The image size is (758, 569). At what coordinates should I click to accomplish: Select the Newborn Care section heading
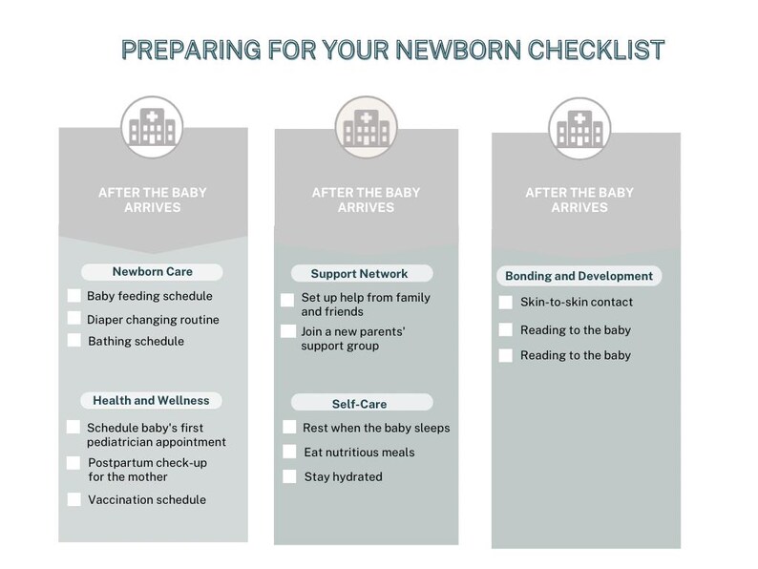tap(153, 272)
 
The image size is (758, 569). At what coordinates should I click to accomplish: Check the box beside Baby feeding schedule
tap(74, 296)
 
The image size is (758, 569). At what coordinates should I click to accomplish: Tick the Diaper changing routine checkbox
tap(74, 319)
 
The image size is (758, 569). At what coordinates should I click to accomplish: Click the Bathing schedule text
tap(136, 341)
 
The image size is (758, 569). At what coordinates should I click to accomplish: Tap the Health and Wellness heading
tap(151, 400)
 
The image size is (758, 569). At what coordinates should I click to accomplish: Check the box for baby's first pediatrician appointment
tap(74, 428)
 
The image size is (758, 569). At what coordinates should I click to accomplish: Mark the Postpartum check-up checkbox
tap(74, 463)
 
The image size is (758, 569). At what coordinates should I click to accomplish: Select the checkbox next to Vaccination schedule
tap(74, 499)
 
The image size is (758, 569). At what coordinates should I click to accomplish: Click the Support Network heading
tap(360, 274)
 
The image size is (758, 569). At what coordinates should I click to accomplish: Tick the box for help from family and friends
tap(287, 300)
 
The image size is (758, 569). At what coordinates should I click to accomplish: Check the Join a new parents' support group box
tap(287, 331)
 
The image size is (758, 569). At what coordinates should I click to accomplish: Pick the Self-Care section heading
tap(360, 404)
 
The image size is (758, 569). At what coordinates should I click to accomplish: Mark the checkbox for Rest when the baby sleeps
tap(289, 428)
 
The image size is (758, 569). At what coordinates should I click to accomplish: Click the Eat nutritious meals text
tap(359, 453)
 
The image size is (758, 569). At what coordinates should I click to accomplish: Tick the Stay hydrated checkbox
tap(289, 476)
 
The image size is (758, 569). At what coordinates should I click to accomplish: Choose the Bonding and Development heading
tap(579, 276)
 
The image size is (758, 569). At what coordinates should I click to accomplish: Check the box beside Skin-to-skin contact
tap(506, 303)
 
